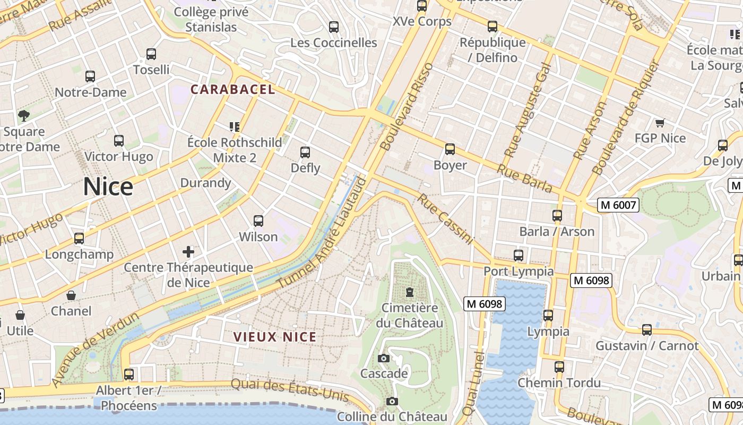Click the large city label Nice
click(x=108, y=187)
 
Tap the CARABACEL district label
click(x=233, y=89)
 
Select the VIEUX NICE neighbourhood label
click(x=275, y=337)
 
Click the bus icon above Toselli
click(x=151, y=54)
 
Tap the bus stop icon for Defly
click(x=305, y=152)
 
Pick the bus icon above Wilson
click(x=258, y=220)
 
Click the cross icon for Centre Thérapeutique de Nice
click(x=188, y=251)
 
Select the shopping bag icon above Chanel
click(x=71, y=295)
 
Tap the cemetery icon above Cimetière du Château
click(x=409, y=292)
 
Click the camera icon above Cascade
click(x=384, y=358)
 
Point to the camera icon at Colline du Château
click(x=392, y=401)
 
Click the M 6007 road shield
click(x=618, y=205)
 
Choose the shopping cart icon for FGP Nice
click(x=660, y=123)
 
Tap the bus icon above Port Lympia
click(x=519, y=255)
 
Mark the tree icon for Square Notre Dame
click(x=23, y=115)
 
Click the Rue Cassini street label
click(x=445, y=219)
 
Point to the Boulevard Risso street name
click(x=407, y=106)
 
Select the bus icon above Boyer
click(x=450, y=149)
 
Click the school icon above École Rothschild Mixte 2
click(x=235, y=126)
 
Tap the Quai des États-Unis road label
click(x=290, y=390)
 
